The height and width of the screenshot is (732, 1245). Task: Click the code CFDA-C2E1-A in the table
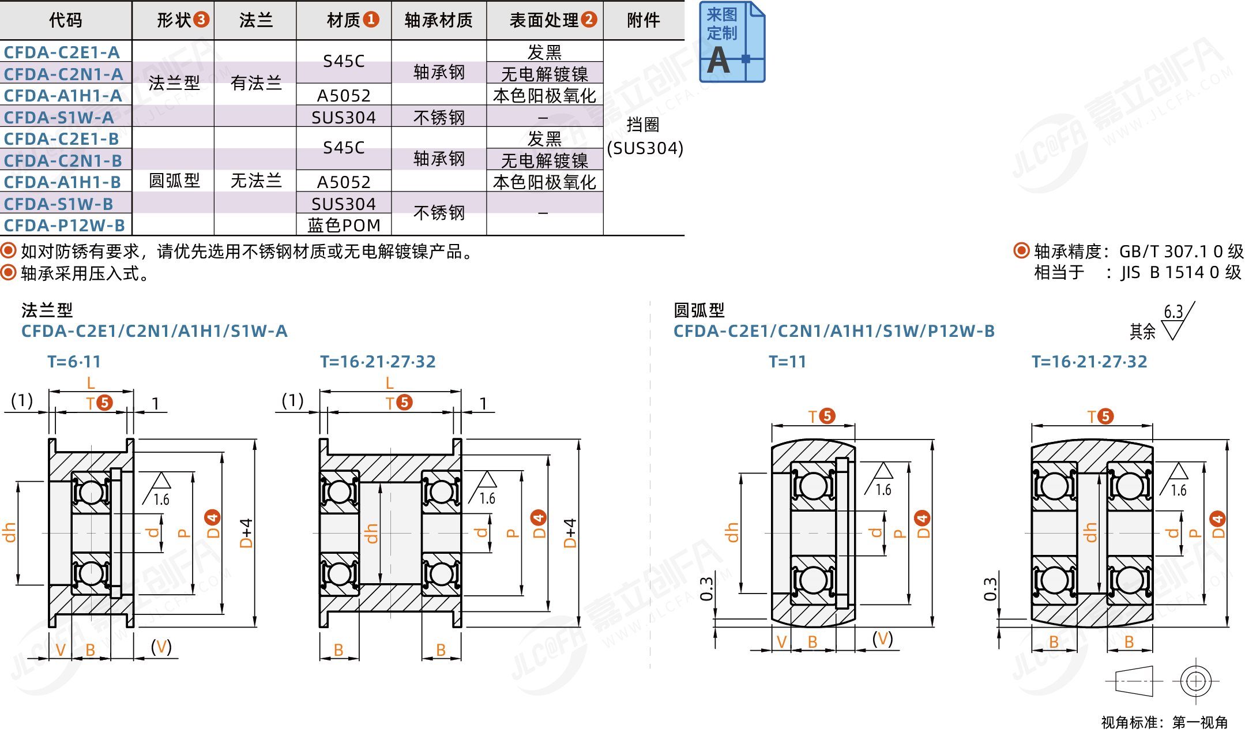click(x=62, y=52)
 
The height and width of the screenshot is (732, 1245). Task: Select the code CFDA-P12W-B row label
click(x=64, y=226)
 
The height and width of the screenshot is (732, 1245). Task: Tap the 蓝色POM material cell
click(x=344, y=226)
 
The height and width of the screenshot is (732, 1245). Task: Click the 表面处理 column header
click(x=544, y=20)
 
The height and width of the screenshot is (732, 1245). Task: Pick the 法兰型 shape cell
click(x=174, y=83)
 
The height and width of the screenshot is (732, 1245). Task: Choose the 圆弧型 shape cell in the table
click(x=174, y=181)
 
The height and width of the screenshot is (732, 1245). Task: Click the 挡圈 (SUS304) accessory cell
click(x=644, y=137)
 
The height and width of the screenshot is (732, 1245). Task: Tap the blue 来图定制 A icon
click(x=731, y=42)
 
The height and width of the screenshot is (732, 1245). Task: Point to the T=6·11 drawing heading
click(x=74, y=362)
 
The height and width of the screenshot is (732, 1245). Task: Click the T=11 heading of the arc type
click(x=787, y=362)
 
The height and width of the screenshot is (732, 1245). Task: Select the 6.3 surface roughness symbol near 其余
click(x=1176, y=321)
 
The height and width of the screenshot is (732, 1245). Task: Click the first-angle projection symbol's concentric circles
click(x=1195, y=681)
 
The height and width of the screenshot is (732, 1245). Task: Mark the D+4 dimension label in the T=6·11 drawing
click(x=247, y=533)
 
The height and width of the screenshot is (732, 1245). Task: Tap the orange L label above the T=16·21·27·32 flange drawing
click(x=390, y=383)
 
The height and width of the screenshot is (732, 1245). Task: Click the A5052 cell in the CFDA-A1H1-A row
click(x=344, y=95)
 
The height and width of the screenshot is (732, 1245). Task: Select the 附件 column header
click(x=644, y=20)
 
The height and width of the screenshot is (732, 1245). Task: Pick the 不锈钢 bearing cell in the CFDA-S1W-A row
click(x=439, y=117)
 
